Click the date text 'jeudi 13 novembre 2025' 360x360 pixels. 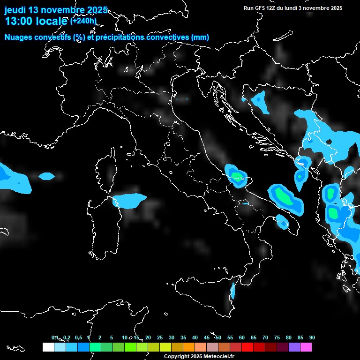(x=56, y=10)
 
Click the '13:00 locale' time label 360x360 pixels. (x=36, y=21)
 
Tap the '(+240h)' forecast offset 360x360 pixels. (x=83, y=21)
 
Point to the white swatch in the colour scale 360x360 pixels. (x=48, y=347)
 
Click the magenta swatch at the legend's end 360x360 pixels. (x=306, y=347)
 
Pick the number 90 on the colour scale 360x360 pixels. (x=312, y=338)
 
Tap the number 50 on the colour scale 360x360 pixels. (x=218, y=338)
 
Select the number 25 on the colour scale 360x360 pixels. (x=160, y=338)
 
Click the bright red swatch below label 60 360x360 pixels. (x=247, y=347)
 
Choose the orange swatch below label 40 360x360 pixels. (x=189, y=347)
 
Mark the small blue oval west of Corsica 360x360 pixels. (x=46, y=176)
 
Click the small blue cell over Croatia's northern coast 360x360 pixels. (x=259, y=100)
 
